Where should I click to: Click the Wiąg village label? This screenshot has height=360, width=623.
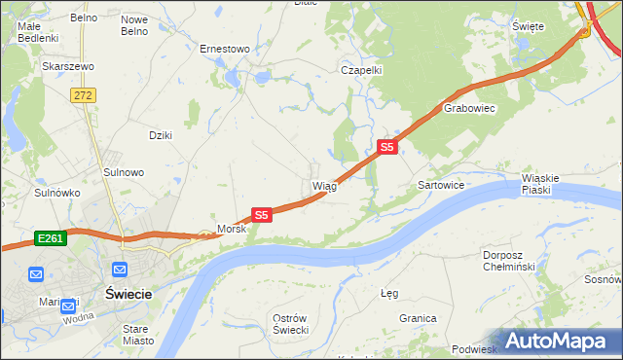tap(324, 186)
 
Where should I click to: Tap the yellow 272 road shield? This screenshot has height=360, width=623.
tap(83, 94)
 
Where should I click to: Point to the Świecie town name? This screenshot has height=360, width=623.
tap(128, 292)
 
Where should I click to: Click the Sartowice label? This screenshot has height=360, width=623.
tap(441, 184)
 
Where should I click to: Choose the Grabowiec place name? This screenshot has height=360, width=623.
tap(470, 109)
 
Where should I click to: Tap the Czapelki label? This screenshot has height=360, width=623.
tap(360, 70)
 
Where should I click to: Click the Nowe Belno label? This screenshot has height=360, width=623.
tap(134, 25)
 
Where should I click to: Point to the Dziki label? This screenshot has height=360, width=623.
tap(160, 135)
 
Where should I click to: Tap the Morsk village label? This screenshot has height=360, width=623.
tap(232, 230)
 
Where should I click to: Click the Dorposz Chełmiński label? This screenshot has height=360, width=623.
tap(509, 261)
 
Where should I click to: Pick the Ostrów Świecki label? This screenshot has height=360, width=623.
tap(290, 325)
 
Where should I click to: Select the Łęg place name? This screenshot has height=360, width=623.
tap(390, 292)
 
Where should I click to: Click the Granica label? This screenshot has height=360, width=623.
tap(417, 318)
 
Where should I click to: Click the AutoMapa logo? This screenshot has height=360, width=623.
tap(557, 342)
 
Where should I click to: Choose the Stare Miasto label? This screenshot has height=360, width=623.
tap(135, 335)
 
